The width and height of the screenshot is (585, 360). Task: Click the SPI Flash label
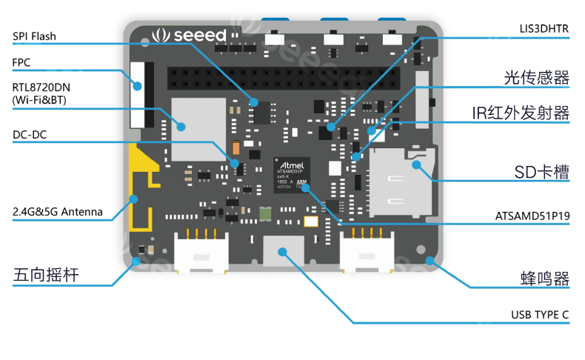pyautogui.click(x=34, y=36)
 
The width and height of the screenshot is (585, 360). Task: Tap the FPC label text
pyautogui.click(x=21, y=62)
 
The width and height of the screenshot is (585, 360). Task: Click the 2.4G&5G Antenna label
pyautogui.click(x=58, y=212)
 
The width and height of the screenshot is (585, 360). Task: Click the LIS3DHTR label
pyautogui.click(x=544, y=29)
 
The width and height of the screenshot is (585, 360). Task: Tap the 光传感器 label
pyautogui.click(x=536, y=78)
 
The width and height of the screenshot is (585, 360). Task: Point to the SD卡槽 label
pyautogui.click(x=542, y=172)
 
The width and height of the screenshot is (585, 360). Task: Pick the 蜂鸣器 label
pyautogui.click(x=544, y=279)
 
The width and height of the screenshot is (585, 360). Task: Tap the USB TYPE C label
pyautogui.click(x=540, y=315)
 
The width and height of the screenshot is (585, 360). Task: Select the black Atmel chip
pyautogui.click(x=292, y=175)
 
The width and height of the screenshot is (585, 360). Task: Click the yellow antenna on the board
pyautogui.click(x=141, y=185)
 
